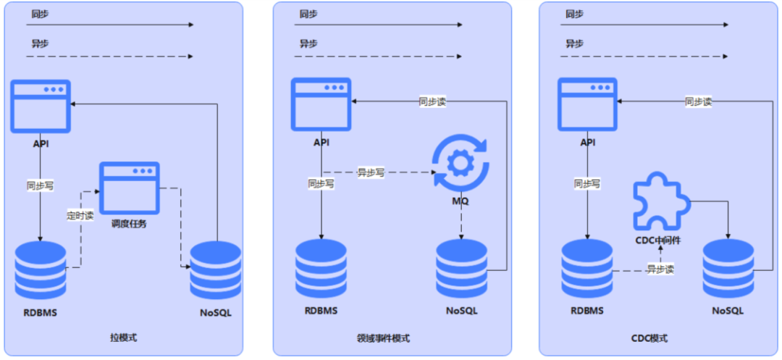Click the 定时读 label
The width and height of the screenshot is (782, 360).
tap(80, 215)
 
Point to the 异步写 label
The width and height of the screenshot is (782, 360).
tap(371, 172)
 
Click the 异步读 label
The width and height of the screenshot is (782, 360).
tap(660, 269)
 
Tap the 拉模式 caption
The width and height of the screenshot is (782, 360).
tap(123, 338)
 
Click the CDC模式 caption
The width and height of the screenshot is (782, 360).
tap(649, 338)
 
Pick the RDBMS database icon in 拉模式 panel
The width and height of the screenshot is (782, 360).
tap(41, 271)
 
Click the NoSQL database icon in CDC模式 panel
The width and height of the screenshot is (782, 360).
tap(728, 269)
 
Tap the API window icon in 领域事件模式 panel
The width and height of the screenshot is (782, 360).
tap(321, 105)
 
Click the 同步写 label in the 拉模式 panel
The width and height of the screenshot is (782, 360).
tap(40, 185)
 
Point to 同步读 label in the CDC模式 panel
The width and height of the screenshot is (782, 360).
tap(698, 102)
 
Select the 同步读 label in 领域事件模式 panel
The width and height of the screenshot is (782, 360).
tap(432, 102)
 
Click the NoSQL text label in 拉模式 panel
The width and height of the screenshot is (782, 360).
tap(215, 313)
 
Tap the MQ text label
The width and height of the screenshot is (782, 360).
tap(460, 201)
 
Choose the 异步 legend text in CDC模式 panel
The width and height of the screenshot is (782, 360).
tap(574, 43)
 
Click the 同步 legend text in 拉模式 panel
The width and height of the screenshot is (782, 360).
tap(41, 13)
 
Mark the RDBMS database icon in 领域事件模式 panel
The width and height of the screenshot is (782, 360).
tap(321, 269)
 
